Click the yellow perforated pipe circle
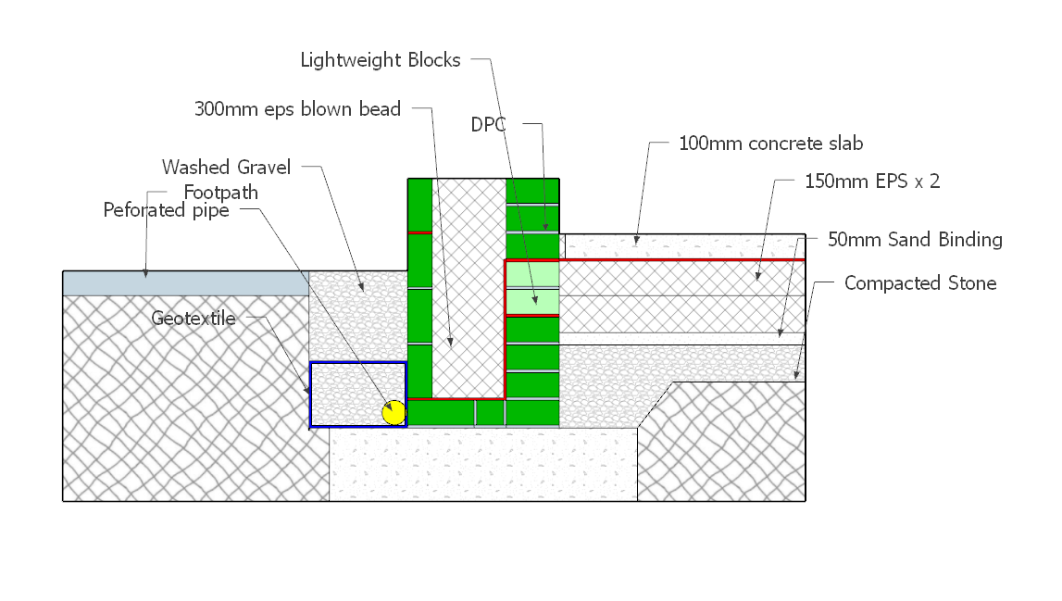394,413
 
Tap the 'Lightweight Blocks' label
381,60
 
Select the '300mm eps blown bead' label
297,109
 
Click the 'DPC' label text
488,125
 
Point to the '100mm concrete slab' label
770,144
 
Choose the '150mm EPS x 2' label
872,182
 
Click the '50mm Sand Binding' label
915,240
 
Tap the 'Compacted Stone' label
920,283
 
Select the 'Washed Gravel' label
226,168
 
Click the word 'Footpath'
220,193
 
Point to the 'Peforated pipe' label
166,211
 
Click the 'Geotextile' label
194,319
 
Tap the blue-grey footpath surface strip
185,283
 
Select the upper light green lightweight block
532,274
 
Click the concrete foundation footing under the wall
483,464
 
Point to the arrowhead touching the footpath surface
145,273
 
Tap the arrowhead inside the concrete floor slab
636,239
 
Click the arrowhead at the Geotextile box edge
306,390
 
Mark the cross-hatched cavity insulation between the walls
469,288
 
